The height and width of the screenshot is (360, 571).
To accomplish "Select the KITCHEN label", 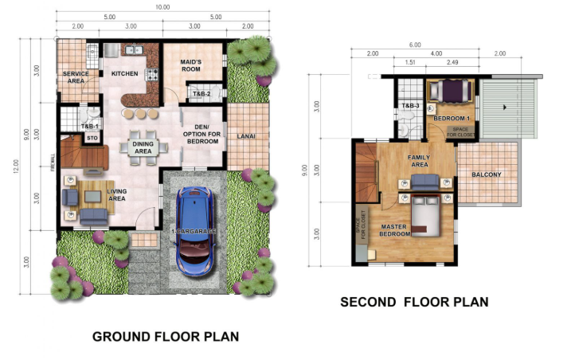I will pyautogui.click(x=125, y=74).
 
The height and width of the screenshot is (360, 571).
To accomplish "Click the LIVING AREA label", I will pyautogui.click(x=117, y=195).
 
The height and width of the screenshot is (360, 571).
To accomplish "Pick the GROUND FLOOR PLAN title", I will pyautogui.click(x=166, y=337).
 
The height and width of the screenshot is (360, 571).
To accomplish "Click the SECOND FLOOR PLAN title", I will pyautogui.click(x=414, y=302).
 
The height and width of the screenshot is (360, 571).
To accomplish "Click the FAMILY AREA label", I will pyautogui.click(x=419, y=162).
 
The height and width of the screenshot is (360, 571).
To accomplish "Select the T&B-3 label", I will pyautogui.click(x=410, y=106).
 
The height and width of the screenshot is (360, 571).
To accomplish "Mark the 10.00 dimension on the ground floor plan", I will pyautogui.click(x=162, y=7).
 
